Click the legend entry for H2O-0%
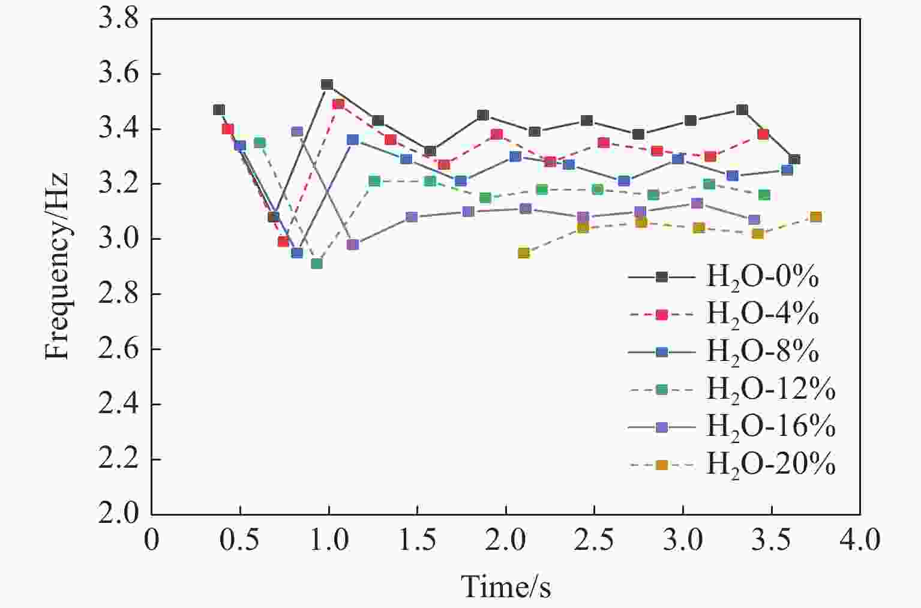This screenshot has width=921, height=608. coord(762,276)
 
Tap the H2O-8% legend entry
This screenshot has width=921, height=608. coord(762,351)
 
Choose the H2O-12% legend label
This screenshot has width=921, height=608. coord(770,389)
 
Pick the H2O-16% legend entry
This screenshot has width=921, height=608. coord(770,426)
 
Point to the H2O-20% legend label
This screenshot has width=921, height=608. coord(770,464)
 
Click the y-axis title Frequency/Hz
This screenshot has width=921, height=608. coord(57,266)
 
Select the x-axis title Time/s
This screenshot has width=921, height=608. coord(505,586)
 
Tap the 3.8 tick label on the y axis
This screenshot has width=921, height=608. coord(118,19)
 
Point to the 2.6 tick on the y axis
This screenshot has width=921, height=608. coord(118,350)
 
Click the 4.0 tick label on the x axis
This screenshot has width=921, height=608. coord(859,540)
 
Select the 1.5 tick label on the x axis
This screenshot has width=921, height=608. coord(417,540)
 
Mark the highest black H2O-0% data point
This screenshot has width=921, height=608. coord(327,85)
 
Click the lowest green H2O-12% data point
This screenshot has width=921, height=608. coord(317,263)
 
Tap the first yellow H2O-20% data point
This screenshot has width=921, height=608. coord(523,253)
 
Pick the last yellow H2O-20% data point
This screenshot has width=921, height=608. coord(815,217)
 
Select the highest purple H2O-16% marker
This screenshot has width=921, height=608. coord(297,132)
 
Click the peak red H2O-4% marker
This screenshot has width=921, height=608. coord(338,104)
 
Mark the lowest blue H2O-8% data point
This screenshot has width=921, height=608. coord(297,252)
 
